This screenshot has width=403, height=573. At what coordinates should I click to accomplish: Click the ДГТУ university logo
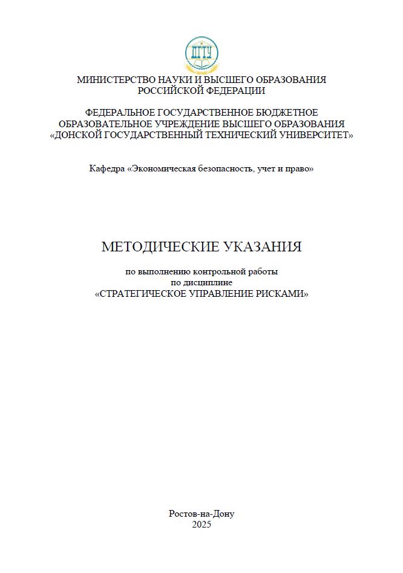pyautogui.click(x=201, y=53)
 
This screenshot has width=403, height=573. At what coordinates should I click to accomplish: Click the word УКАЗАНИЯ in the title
pyautogui.click(x=262, y=247)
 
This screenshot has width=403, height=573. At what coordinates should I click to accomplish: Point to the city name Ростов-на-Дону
pyautogui.click(x=201, y=513)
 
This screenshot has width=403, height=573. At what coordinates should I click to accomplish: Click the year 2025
pyautogui.click(x=201, y=525)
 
